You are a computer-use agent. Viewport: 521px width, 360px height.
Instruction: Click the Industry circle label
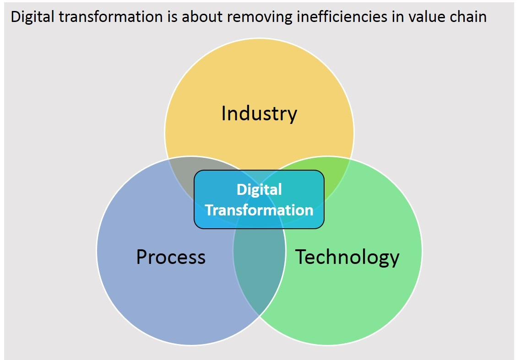[x=259, y=113]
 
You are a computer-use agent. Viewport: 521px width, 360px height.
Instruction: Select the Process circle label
[x=171, y=257]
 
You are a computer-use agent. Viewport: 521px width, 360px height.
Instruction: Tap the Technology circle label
[x=347, y=257]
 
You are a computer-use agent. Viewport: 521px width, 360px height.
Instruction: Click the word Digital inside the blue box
[x=259, y=189]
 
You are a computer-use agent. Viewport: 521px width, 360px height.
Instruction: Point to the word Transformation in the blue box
[x=259, y=210]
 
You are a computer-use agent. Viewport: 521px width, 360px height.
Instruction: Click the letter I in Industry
[x=223, y=113]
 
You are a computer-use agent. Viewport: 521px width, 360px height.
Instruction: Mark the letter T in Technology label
[x=300, y=257]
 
